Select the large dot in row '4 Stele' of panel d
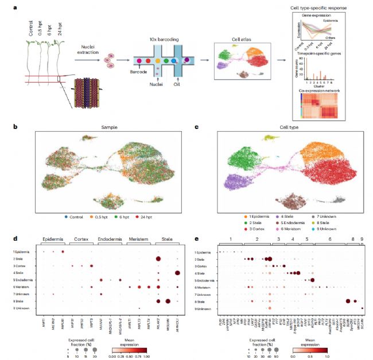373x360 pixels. coord(177,272)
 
